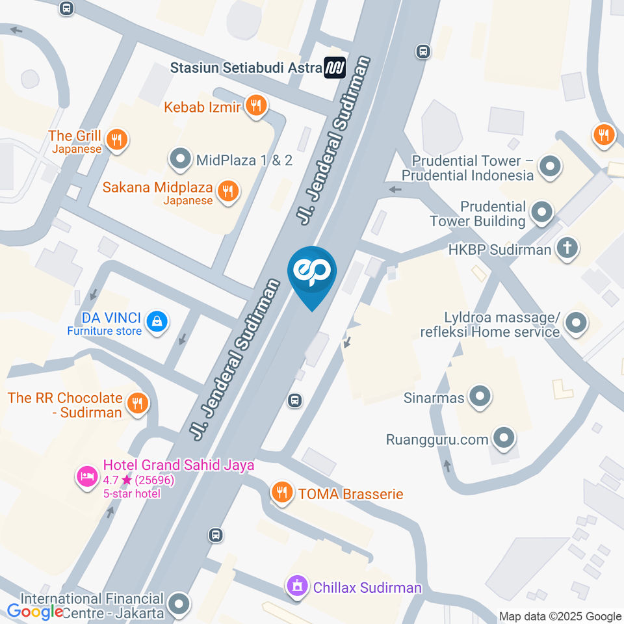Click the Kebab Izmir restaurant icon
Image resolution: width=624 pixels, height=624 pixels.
pyautogui.click(x=257, y=107)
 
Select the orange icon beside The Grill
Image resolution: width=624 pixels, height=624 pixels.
pyautogui.click(x=117, y=138)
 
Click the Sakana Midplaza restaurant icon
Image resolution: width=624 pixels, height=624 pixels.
pyautogui.click(x=227, y=191)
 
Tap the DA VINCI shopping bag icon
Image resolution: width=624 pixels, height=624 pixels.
pyautogui.click(x=157, y=320)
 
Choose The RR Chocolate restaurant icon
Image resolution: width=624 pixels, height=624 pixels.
pyautogui.click(x=136, y=403)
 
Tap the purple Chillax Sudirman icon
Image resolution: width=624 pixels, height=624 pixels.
pyautogui.click(x=297, y=586)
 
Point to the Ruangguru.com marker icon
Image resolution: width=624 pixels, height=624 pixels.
pyautogui.click(x=503, y=439)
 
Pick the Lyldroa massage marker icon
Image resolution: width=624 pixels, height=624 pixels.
pyautogui.click(x=575, y=322)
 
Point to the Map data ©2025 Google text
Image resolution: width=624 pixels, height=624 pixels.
pyautogui.click(x=560, y=616)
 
